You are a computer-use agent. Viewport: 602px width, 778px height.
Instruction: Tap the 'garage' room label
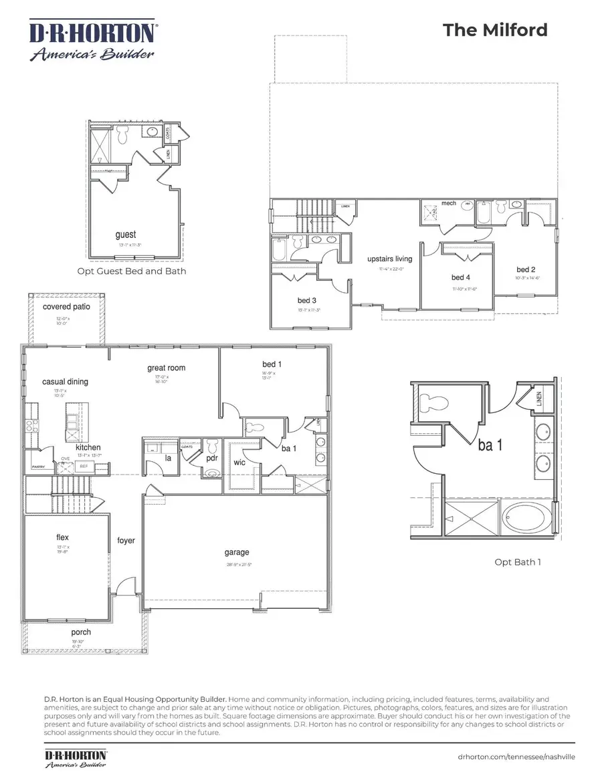237,552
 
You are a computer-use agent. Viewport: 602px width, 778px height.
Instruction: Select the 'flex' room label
62,537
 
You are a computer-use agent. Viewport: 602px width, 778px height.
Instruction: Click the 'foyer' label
126,540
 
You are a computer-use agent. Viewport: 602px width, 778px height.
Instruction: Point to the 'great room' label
167,368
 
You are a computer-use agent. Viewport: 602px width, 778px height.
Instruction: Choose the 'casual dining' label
65,382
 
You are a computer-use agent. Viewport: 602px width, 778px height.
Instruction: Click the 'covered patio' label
66,307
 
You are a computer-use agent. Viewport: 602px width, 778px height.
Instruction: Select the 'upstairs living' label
389,259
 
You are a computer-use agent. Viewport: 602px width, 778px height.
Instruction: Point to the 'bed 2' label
527,270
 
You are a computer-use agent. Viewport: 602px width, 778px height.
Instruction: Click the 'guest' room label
125,235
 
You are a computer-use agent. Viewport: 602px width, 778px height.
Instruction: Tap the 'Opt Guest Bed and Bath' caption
131,271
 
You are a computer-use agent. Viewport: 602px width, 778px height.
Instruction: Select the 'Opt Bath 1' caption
517,561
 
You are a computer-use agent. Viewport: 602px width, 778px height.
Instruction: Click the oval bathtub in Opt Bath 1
528,519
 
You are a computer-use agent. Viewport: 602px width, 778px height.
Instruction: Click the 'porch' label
81,632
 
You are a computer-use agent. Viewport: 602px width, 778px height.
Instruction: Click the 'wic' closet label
239,462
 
